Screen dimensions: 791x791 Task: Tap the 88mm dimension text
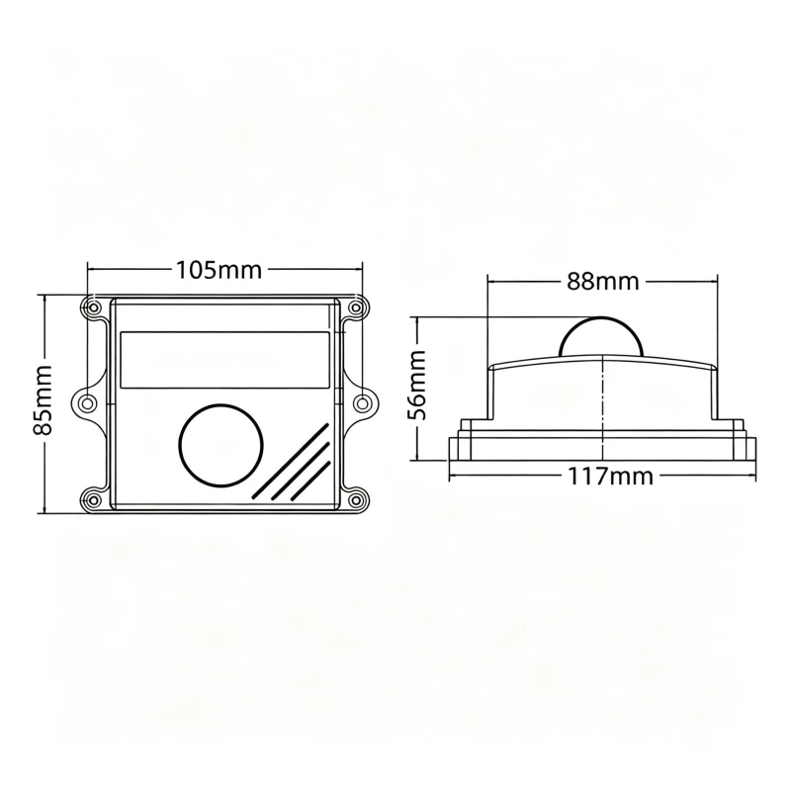602,281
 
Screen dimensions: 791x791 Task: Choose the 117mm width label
610,476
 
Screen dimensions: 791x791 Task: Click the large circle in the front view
222,445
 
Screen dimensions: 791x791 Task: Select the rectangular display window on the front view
224,360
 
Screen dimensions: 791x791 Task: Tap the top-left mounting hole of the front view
93,308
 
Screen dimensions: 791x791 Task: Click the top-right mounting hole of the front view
356,308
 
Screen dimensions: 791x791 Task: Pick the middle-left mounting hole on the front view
86,402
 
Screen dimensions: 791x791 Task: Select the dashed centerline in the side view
602,405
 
